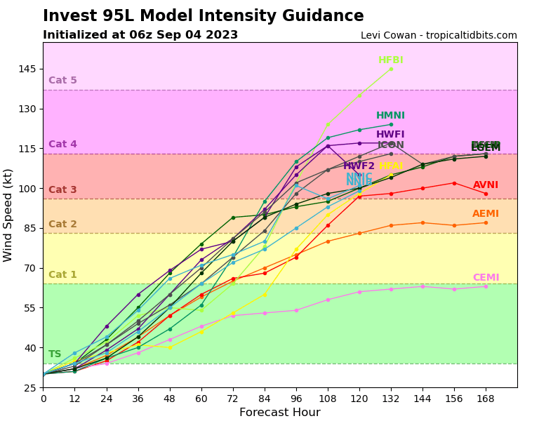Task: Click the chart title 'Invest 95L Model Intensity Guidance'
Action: [x=203, y=16]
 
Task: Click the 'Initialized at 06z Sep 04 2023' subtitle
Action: [x=140, y=35]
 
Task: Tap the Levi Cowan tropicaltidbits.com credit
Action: [x=439, y=36]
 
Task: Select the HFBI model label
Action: [x=391, y=60]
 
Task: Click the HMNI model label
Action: [x=390, y=116]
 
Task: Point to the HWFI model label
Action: [x=390, y=135]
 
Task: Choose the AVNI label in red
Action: [x=486, y=185]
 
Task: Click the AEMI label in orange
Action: [x=486, y=214]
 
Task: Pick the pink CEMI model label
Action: [x=486, y=278]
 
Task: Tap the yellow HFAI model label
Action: [x=391, y=166]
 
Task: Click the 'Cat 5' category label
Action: [x=62, y=81]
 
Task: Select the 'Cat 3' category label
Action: [x=62, y=190]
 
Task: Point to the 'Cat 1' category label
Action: [x=62, y=275]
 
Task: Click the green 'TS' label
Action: [x=55, y=354]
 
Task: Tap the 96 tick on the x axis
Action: [x=296, y=399]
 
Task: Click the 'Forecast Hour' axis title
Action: [x=279, y=413]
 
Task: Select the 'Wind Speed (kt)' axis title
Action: [x=8, y=215]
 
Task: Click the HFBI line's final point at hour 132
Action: [x=391, y=69]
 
